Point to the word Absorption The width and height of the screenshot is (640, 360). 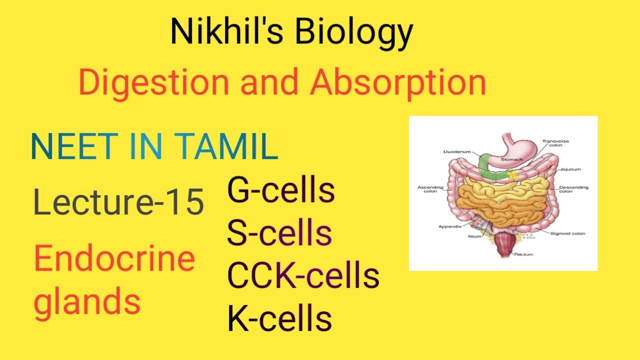[398, 83]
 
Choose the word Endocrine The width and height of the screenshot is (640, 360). [114, 259]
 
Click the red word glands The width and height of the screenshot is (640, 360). [87, 301]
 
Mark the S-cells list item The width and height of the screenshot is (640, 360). [279, 233]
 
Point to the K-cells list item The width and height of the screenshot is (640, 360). [279, 318]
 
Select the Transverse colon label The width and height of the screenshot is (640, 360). [555, 143]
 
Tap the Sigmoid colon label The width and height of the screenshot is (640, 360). [568, 233]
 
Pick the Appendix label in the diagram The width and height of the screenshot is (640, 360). [449, 226]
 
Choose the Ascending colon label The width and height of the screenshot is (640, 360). [430, 189]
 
